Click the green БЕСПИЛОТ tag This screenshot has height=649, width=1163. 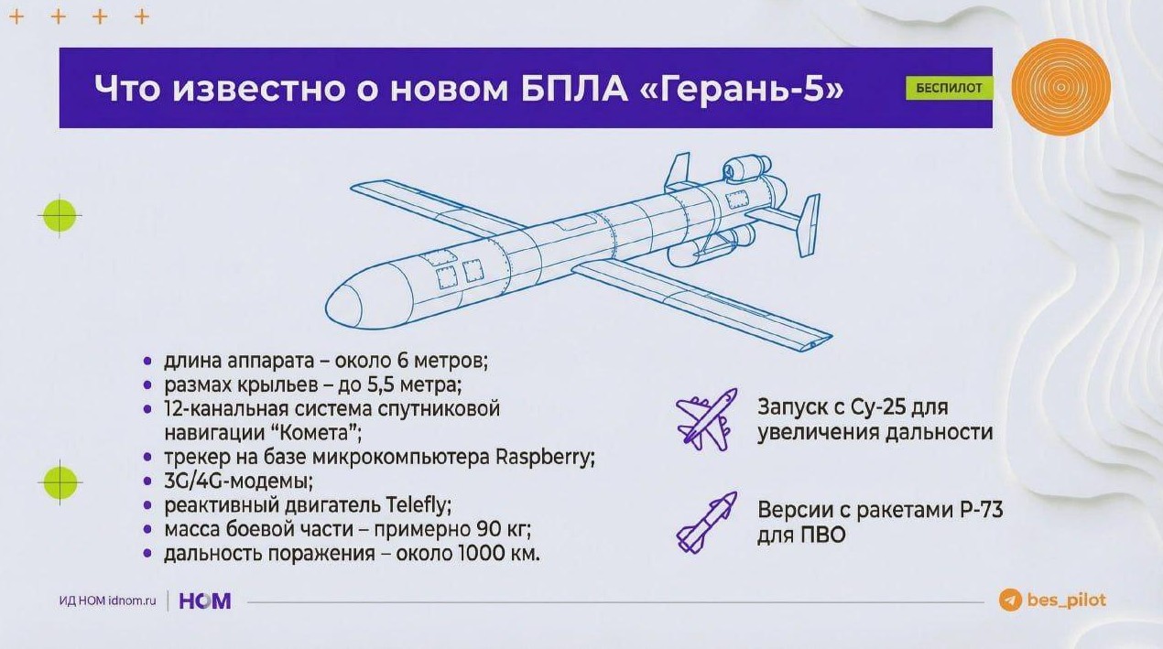coord(950,88)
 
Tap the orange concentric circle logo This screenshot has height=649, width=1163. coord(1061,87)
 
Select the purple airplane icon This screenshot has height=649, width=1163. coord(707,419)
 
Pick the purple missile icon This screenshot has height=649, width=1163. coord(707,522)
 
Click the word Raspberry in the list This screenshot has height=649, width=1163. coord(545,458)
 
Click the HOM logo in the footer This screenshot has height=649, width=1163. coord(205,600)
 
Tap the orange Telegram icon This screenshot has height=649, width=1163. coord(1010,600)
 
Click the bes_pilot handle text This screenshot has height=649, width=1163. coord(1067,600)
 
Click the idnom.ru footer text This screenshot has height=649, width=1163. coord(133,600)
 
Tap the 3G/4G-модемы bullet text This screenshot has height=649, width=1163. coord(238,482)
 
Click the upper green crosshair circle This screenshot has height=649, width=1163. coord(60,215)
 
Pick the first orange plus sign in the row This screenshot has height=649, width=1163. coord(16,17)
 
